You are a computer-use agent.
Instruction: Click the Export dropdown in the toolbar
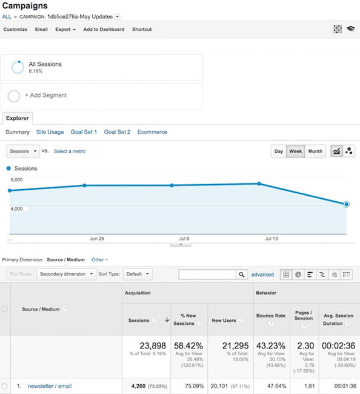(65, 29)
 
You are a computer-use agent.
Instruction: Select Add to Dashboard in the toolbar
(104, 29)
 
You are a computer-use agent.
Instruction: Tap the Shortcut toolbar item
(142, 29)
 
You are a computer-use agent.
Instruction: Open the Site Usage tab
(50, 132)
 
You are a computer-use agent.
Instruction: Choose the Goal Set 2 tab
(117, 132)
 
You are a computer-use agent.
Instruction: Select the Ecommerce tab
(152, 132)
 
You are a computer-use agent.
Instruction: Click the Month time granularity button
(315, 151)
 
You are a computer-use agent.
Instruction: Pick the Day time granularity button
(279, 151)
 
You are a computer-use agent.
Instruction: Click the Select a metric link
(70, 151)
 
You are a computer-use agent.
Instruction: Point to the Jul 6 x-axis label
(184, 239)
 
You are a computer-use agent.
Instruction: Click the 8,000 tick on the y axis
(17, 180)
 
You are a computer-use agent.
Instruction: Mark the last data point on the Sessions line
(346, 204)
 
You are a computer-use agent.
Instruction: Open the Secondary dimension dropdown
(67, 274)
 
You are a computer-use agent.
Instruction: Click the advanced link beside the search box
(262, 275)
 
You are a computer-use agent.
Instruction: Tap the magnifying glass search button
(242, 275)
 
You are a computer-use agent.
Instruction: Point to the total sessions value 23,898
(153, 345)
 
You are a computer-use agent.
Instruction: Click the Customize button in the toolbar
(15, 29)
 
